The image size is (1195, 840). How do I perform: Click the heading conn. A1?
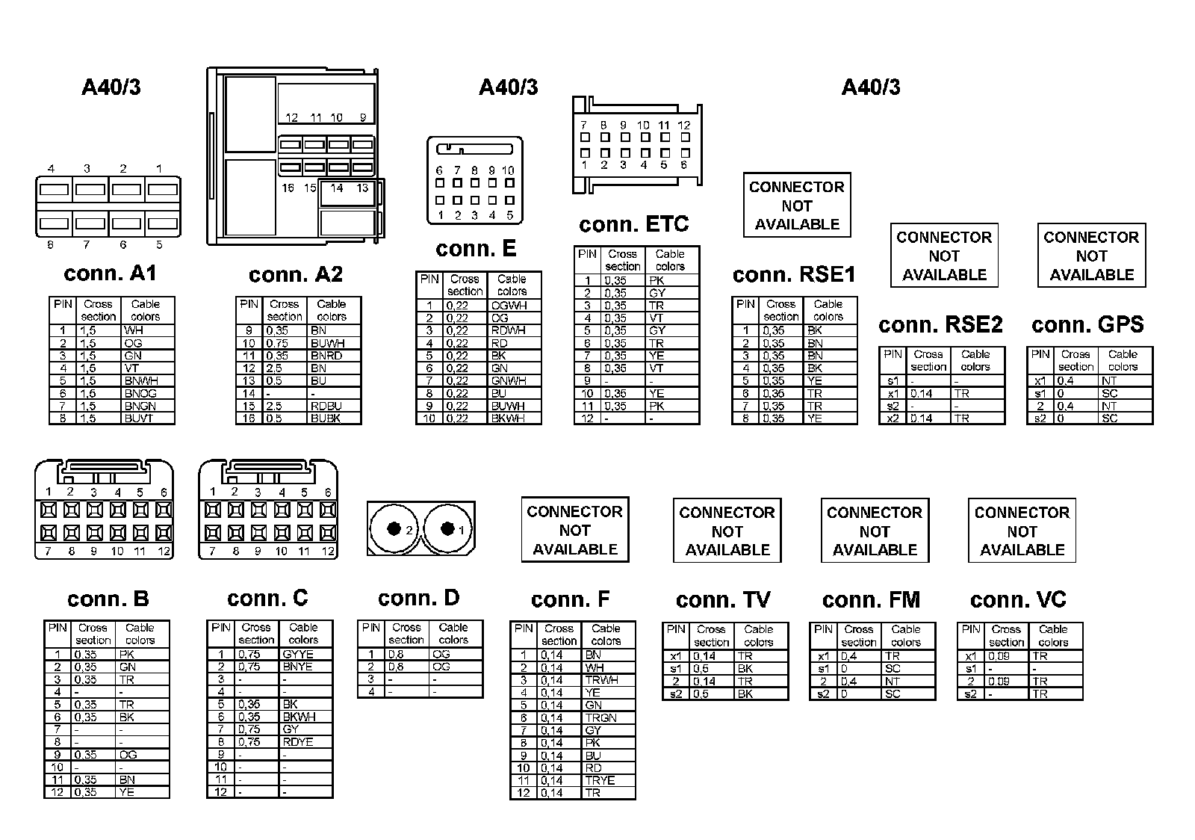pos(111,274)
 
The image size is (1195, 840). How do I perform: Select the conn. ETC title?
pos(633,224)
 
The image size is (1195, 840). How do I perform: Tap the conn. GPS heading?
pos(1087,324)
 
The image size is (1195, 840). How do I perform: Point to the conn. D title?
pos(418,598)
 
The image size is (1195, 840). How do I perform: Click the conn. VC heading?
pos(1018,599)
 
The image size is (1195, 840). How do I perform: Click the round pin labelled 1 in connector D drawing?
pos(447,529)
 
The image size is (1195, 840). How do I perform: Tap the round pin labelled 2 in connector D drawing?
pos(393,529)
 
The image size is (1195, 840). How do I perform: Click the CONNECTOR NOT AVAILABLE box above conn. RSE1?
pos(797,206)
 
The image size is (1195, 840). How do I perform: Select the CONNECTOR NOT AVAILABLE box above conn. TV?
pos(727,531)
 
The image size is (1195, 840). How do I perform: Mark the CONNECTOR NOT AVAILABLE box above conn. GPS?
pos(1091,256)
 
